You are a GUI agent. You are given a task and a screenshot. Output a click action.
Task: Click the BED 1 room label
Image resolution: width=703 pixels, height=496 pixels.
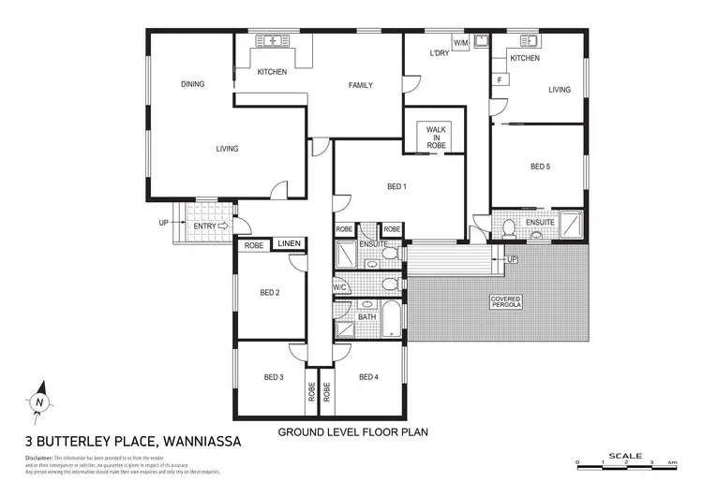[x=396, y=186]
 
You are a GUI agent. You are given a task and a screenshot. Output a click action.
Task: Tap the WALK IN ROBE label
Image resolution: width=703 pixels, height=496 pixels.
[x=436, y=135]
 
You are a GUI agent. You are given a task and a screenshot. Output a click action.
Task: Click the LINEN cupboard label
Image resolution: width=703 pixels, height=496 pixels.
[x=288, y=244]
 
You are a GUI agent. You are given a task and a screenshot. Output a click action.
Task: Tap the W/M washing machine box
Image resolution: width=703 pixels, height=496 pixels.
[x=460, y=44]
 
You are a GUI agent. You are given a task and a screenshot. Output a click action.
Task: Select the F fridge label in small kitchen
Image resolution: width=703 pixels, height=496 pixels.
[x=500, y=80]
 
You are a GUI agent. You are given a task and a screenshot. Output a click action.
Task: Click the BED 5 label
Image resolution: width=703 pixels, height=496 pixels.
[x=540, y=168]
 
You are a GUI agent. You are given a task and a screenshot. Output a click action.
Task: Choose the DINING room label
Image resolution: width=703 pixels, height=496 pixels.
[x=193, y=84]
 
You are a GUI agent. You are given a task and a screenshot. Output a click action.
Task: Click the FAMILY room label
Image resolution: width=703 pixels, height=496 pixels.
[x=361, y=85]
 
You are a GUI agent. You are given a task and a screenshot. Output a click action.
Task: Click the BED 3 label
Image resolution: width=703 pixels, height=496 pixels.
[x=274, y=377]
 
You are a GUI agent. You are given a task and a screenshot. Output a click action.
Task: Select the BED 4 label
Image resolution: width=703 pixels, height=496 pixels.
[x=368, y=377]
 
